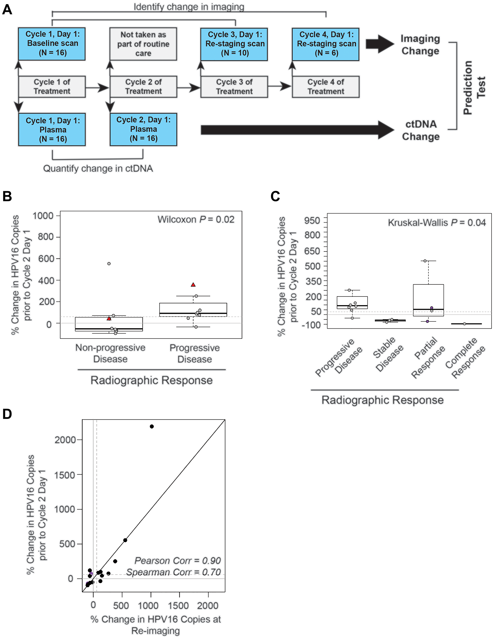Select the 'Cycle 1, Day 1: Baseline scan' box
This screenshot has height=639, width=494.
click(x=52, y=44)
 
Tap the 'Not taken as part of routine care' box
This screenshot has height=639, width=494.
click(x=143, y=44)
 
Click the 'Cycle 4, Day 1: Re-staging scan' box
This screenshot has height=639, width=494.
click(x=326, y=44)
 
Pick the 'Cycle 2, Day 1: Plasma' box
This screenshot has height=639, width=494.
click(x=143, y=129)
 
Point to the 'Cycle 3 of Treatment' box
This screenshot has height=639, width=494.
click(x=234, y=87)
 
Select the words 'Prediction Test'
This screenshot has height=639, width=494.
click(x=474, y=88)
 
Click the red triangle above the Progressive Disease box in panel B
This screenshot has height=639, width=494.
click(x=193, y=285)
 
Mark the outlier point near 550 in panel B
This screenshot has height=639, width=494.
click(x=109, y=264)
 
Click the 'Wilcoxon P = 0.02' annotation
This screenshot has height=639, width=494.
click(x=196, y=219)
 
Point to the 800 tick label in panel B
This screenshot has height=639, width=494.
click(x=46, y=237)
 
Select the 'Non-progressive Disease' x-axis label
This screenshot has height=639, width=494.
click(x=110, y=353)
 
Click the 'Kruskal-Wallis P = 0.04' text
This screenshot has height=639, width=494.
click(x=436, y=223)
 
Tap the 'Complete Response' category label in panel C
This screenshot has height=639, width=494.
click(x=465, y=358)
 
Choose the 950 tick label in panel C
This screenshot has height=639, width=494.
click(x=312, y=220)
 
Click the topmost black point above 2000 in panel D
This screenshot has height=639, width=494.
click(x=152, y=427)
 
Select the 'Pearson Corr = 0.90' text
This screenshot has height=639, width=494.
click(x=177, y=561)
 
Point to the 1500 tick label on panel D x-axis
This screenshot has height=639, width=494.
click(x=178, y=605)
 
